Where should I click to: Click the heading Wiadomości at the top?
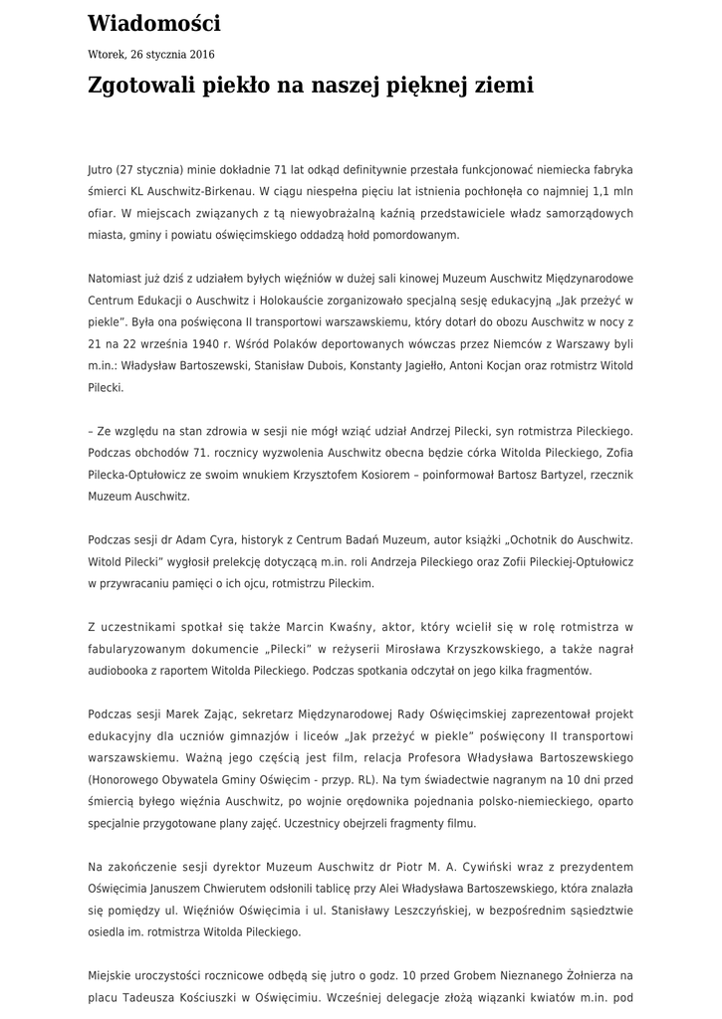[154, 24]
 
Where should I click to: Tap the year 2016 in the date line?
[201, 55]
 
